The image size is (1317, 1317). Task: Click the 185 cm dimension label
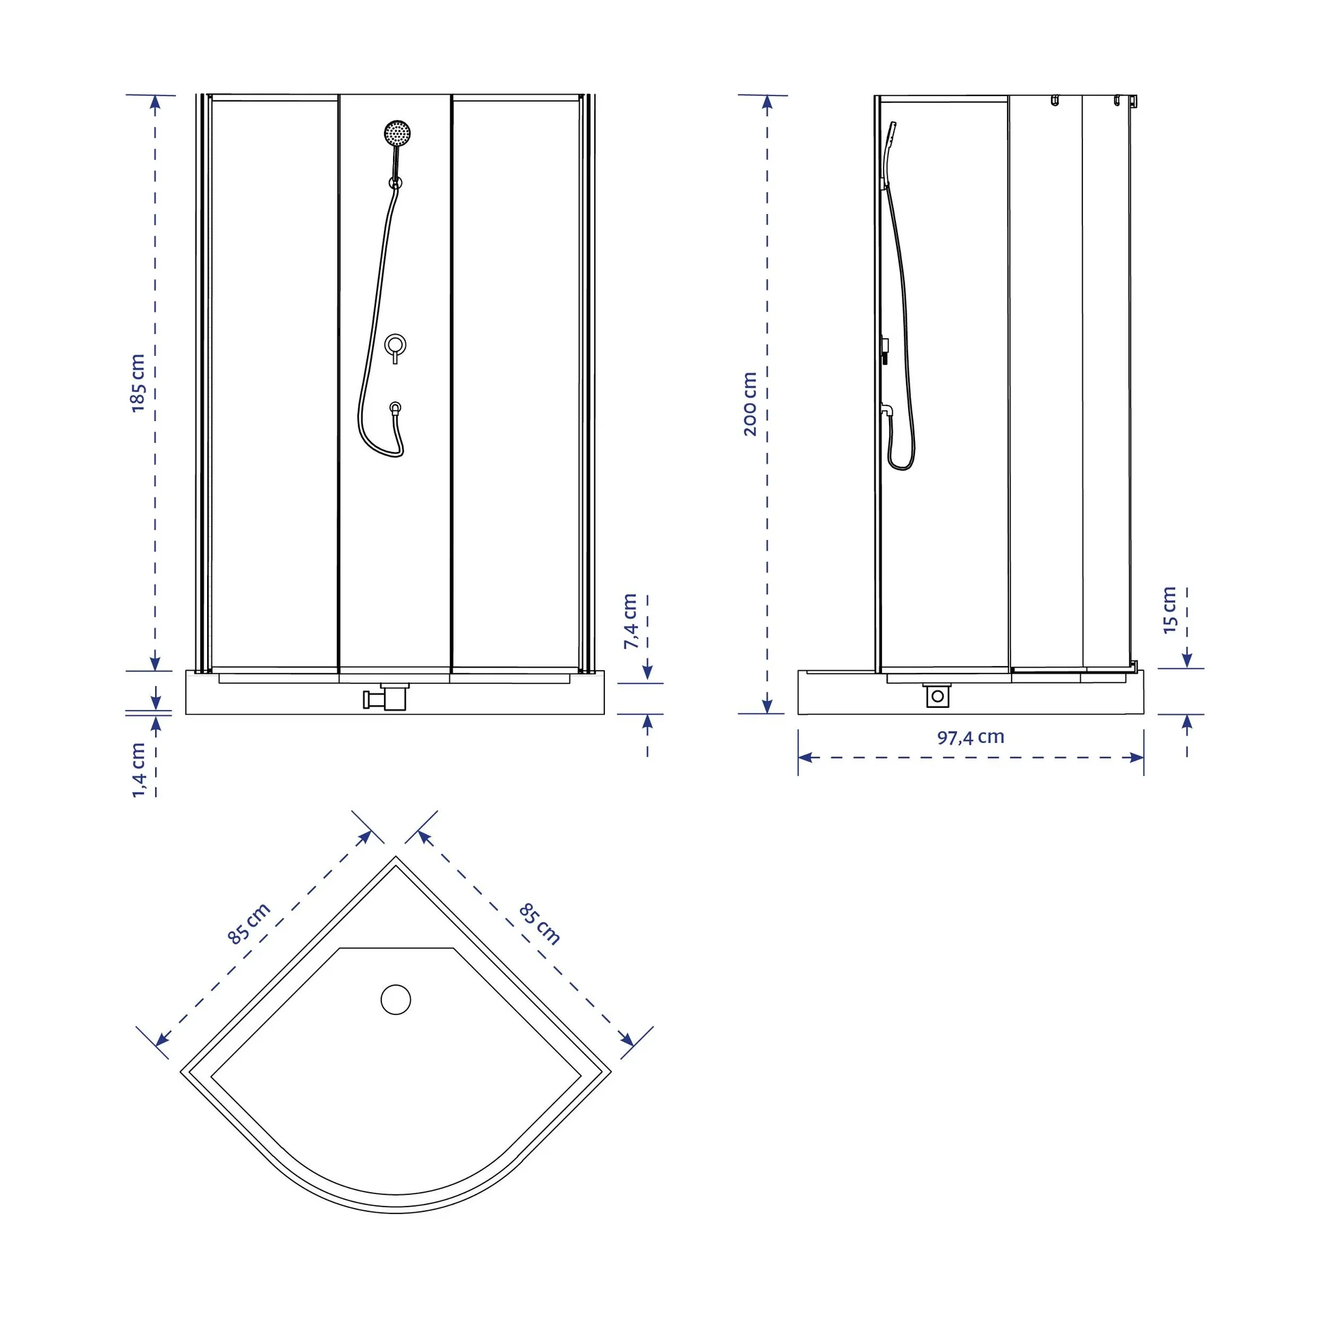[139, 383]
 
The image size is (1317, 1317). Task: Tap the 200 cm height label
[750, 403]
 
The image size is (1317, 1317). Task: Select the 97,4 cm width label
[971, 737]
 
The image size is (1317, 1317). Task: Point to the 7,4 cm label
[630, 621]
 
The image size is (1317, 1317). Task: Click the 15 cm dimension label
[1170, 610]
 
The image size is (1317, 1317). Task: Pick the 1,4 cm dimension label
[139, 770]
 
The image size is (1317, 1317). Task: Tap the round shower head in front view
[397, 132]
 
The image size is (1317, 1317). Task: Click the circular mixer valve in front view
[395, 345]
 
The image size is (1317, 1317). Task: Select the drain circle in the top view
[396, 999]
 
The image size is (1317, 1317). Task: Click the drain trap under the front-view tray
[386, 697]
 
